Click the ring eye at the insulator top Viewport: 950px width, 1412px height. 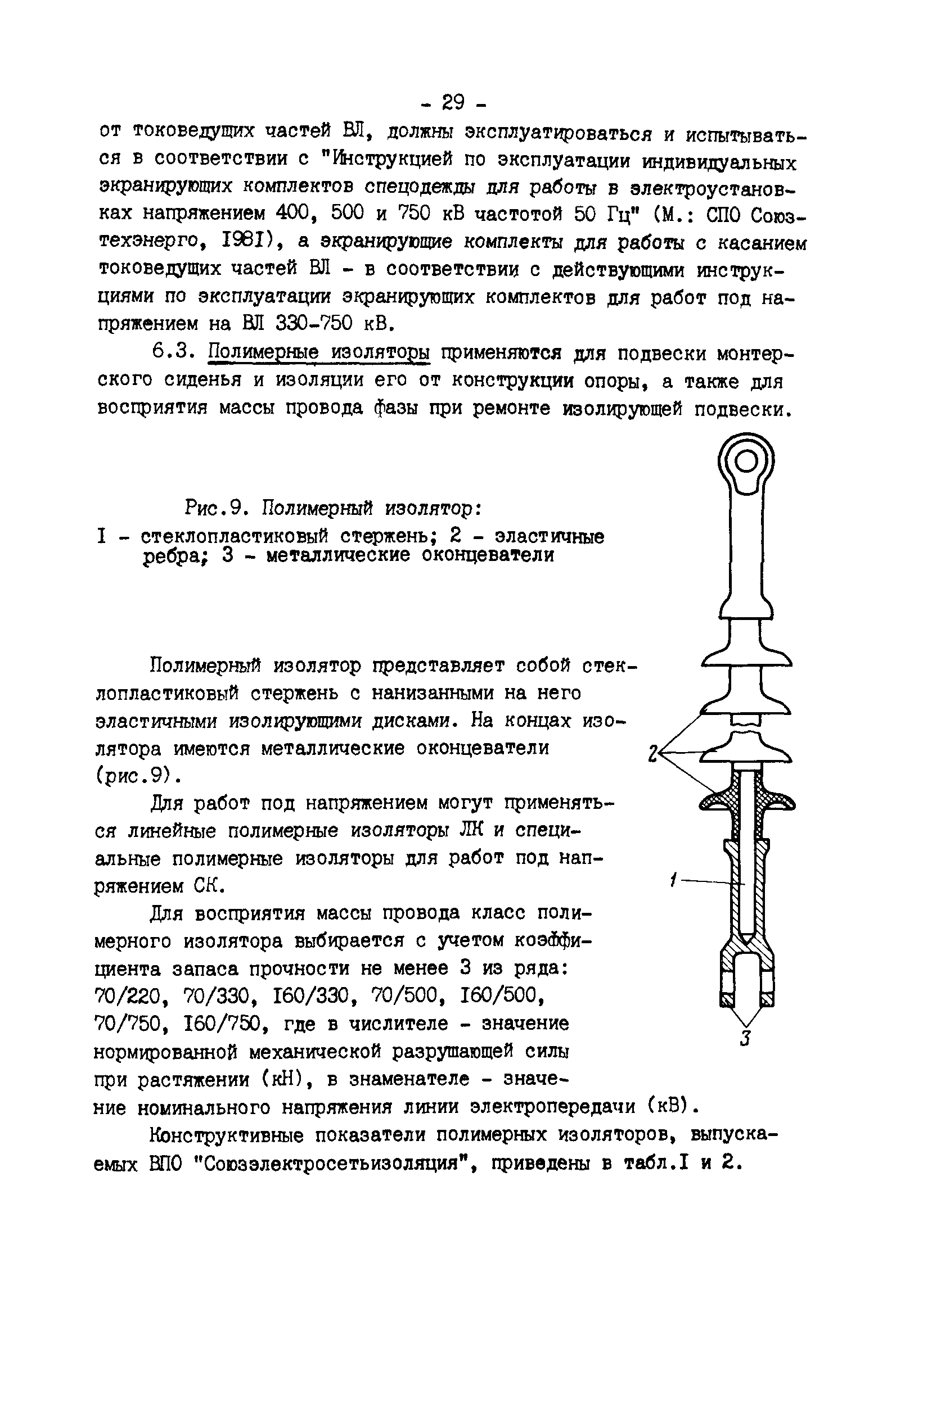(746, 464)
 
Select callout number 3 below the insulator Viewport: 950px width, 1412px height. (746, 1038)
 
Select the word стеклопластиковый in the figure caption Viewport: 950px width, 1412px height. (235, 536)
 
